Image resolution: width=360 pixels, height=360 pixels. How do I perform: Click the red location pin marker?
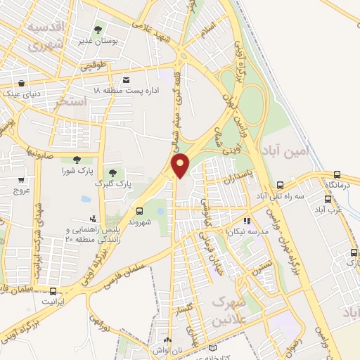pos(181,165)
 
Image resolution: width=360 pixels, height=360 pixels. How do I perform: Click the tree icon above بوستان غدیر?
pos(98,30)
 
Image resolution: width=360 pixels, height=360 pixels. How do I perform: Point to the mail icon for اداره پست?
pos(126,79)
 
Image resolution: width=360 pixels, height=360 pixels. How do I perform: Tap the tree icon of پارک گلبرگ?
pos(112,173)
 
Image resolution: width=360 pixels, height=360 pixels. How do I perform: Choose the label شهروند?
pos(139,221)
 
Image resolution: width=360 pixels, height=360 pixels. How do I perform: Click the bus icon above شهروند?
pos(139,210)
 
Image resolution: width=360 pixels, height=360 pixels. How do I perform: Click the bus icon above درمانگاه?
pos(337,174)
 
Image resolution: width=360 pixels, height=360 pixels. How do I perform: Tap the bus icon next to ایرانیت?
pos(55,291)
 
